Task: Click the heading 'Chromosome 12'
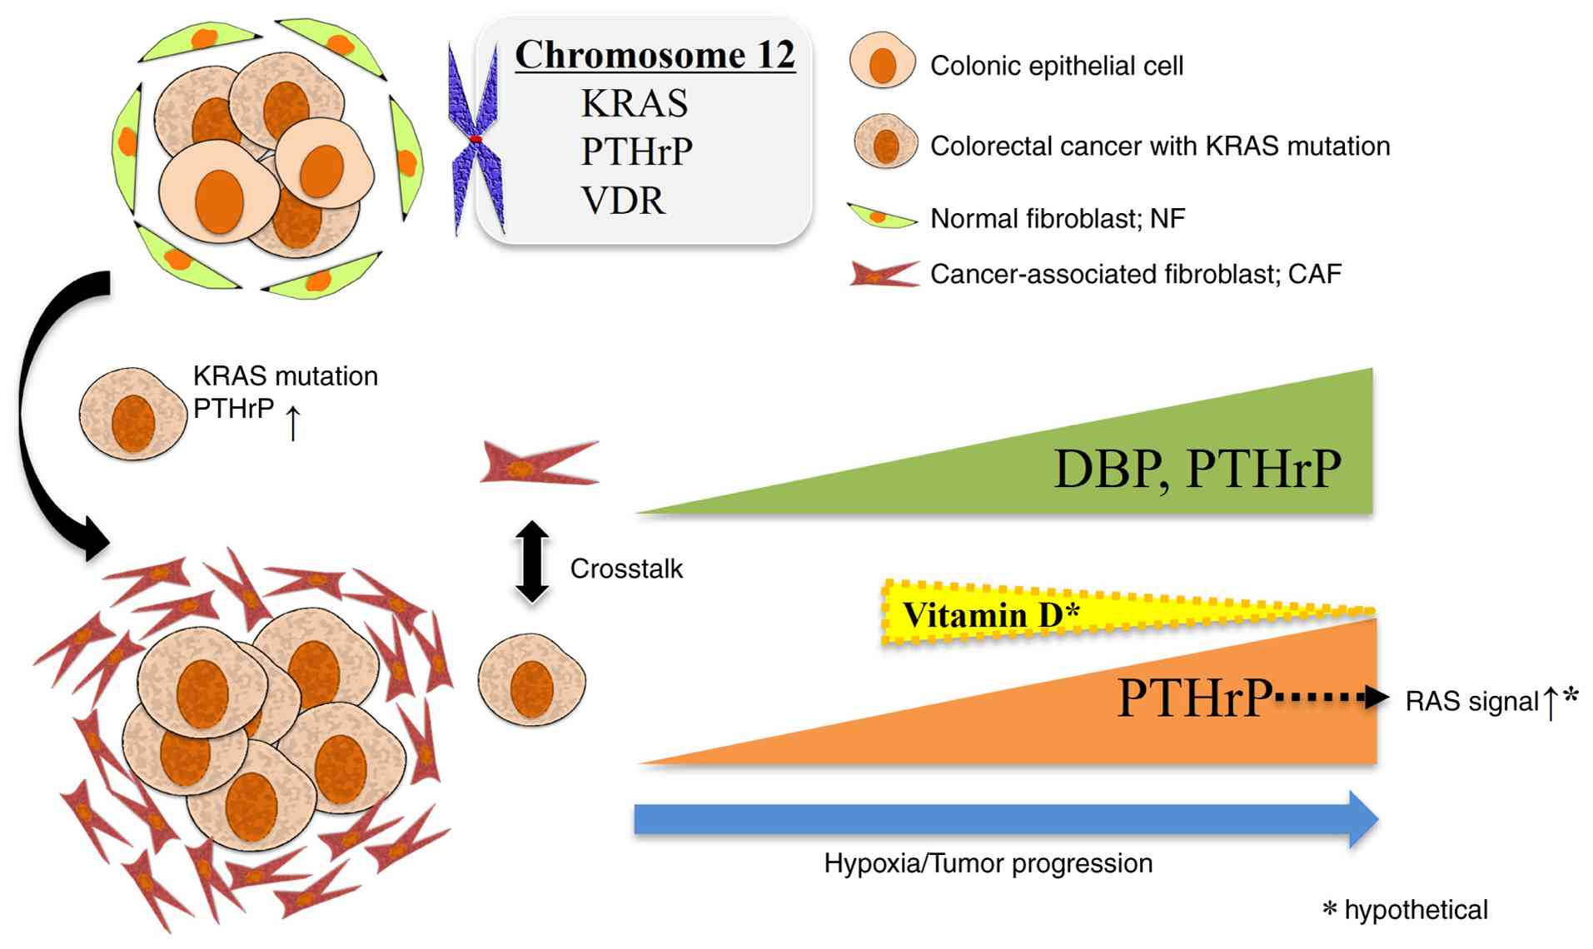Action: [655, 55]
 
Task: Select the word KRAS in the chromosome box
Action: [635, 103]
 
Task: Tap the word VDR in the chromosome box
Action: [624, 201]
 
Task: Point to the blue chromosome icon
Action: [475, 139]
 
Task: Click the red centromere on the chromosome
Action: [475, 139]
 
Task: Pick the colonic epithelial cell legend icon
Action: [882, 60]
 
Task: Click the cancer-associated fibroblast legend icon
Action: [884, 274]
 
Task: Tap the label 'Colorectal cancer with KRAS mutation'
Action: [1160, 147]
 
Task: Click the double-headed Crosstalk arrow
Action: [532, 561]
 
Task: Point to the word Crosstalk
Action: [626, 569]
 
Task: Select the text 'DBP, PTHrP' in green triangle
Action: [1197, 469]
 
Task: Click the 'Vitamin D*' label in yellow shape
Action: [991, 615]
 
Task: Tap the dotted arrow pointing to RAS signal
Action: [1331, 697]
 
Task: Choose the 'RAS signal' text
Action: [1471, 702]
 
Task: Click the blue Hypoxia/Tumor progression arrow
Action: [1006, 819]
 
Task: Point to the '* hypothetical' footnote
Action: [1406, 910]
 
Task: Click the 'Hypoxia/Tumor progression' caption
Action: [988, 864]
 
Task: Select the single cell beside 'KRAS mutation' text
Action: [133, 414]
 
